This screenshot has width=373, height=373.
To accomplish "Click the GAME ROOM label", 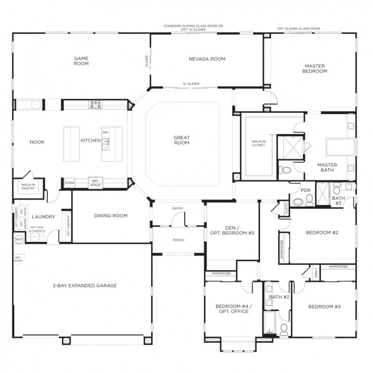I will [x=81, y=61].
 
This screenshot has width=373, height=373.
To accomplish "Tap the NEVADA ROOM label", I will [x=207, y=59].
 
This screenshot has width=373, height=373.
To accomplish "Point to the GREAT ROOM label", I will [x=181, y=140].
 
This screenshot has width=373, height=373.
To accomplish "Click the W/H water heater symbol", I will [x=19, y=239].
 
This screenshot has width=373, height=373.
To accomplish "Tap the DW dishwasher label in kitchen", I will [x=105, y=132].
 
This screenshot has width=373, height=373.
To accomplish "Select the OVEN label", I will [x=69, y=183].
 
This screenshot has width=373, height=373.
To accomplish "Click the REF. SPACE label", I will [x=95, y=183].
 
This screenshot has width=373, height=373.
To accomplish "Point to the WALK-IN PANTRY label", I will [x=29, y=187].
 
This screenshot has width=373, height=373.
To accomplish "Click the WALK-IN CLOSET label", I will [x=258, y=143].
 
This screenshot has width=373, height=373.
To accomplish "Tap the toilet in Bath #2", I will [x=284, y=329].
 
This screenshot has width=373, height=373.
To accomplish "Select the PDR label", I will [x=306, y=190].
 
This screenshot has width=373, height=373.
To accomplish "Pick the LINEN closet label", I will [x=316, y=272].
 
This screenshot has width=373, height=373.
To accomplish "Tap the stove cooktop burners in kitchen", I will [x=96, y=105].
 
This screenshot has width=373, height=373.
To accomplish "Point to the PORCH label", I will [x=178, y=240].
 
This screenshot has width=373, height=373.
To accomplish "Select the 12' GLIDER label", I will [x=191, y=84].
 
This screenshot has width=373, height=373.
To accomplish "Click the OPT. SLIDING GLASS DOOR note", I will [x=298, y=29].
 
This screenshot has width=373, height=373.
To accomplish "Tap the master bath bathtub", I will [x=340, y=147].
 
